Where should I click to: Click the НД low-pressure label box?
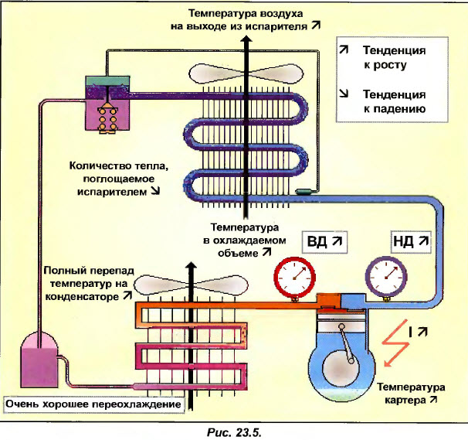click(410, 241)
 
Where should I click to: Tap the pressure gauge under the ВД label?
click(295, 275)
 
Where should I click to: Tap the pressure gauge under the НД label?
click(385, 274)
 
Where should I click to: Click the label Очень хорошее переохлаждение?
click(93, 404)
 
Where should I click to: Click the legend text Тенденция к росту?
click(394, 57)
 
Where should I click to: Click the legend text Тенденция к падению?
click(394, 101)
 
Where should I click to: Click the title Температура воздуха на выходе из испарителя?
click(245, 19)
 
